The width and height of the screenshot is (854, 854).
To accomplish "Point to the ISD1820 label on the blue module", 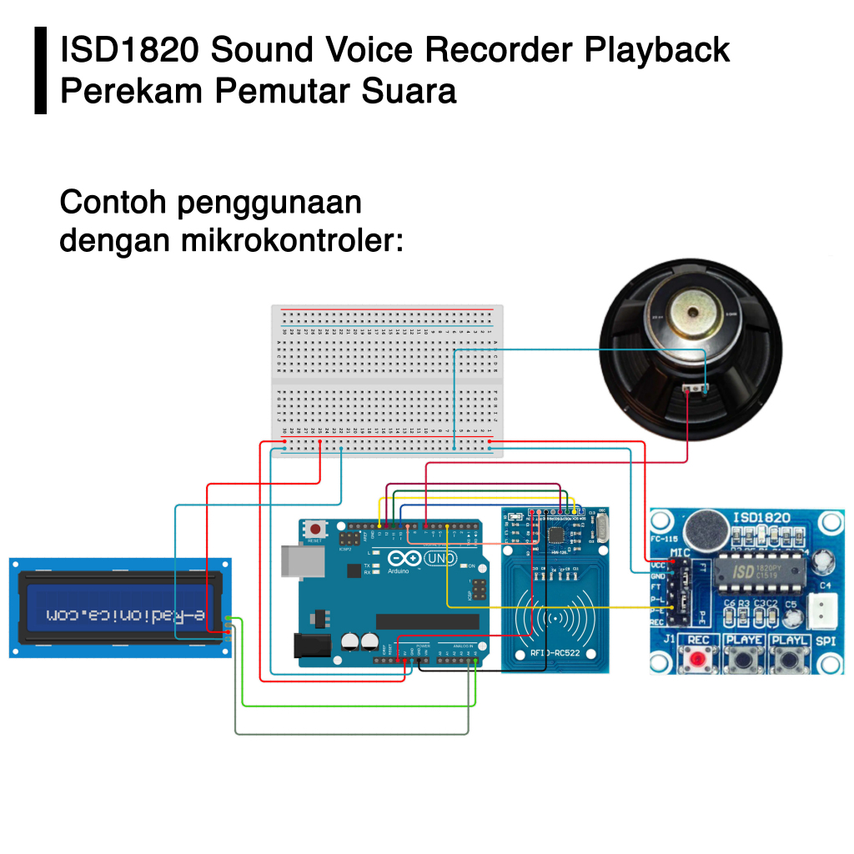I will coord(760,517).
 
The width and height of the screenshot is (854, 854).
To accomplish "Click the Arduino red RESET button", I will coord(316,529).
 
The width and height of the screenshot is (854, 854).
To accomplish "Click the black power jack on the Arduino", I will coord(310,645).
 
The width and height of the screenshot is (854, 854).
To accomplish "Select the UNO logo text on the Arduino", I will coord(441,558).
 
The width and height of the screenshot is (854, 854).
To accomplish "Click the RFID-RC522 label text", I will coord(555,651).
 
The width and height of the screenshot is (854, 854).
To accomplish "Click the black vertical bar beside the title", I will coord(41,70).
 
